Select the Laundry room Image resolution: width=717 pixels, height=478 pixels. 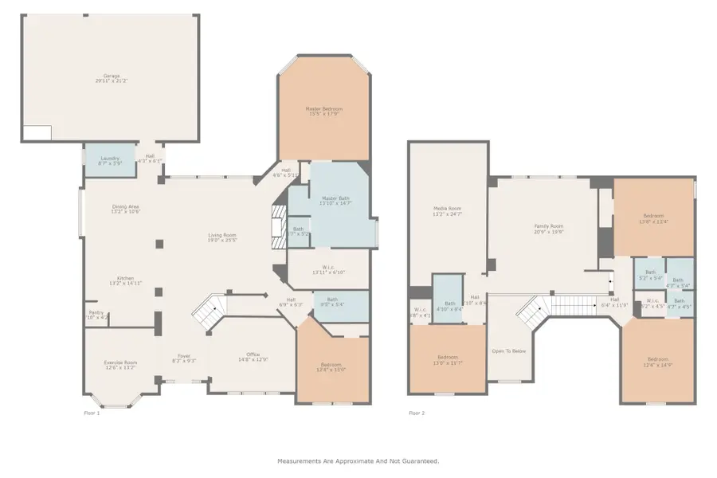(110, 160)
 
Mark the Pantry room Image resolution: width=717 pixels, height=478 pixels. (96, 315)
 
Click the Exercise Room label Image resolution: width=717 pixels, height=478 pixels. (120, 365)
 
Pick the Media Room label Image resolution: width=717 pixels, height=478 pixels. (447, 210)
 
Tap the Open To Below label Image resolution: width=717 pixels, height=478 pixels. (508, 351)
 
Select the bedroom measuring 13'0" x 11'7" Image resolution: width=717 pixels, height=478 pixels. (447, 359)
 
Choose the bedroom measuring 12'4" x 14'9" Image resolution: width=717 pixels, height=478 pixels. (658, 361)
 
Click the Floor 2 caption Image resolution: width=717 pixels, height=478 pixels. (417, 413)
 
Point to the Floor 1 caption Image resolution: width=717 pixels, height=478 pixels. (92, 413)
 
